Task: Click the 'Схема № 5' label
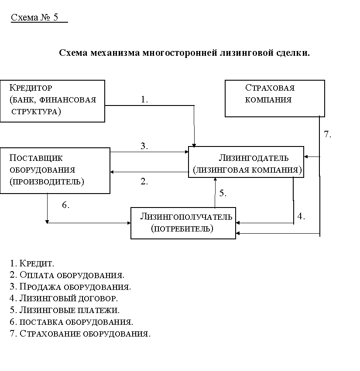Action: [34, 17]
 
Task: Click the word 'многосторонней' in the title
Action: [179, 53]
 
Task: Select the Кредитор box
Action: [52, 101]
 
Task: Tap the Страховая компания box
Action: [274, 98]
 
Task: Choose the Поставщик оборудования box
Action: [55, 170]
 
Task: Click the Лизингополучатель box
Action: [183, 223]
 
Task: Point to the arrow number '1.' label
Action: [144, 99]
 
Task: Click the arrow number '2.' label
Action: [144, 182]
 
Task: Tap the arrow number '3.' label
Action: [144, 146]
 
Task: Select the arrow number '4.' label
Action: [301, 216]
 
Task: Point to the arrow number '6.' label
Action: [65, 205]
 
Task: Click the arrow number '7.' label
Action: [328, 134]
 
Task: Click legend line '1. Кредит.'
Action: [32, 263]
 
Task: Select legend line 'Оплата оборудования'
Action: [67, 275]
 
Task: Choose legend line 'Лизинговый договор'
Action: [64, 299]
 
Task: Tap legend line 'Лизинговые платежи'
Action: [64, 310]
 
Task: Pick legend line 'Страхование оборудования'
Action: [80, 334]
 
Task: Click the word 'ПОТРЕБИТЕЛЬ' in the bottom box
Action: [182, 228]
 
